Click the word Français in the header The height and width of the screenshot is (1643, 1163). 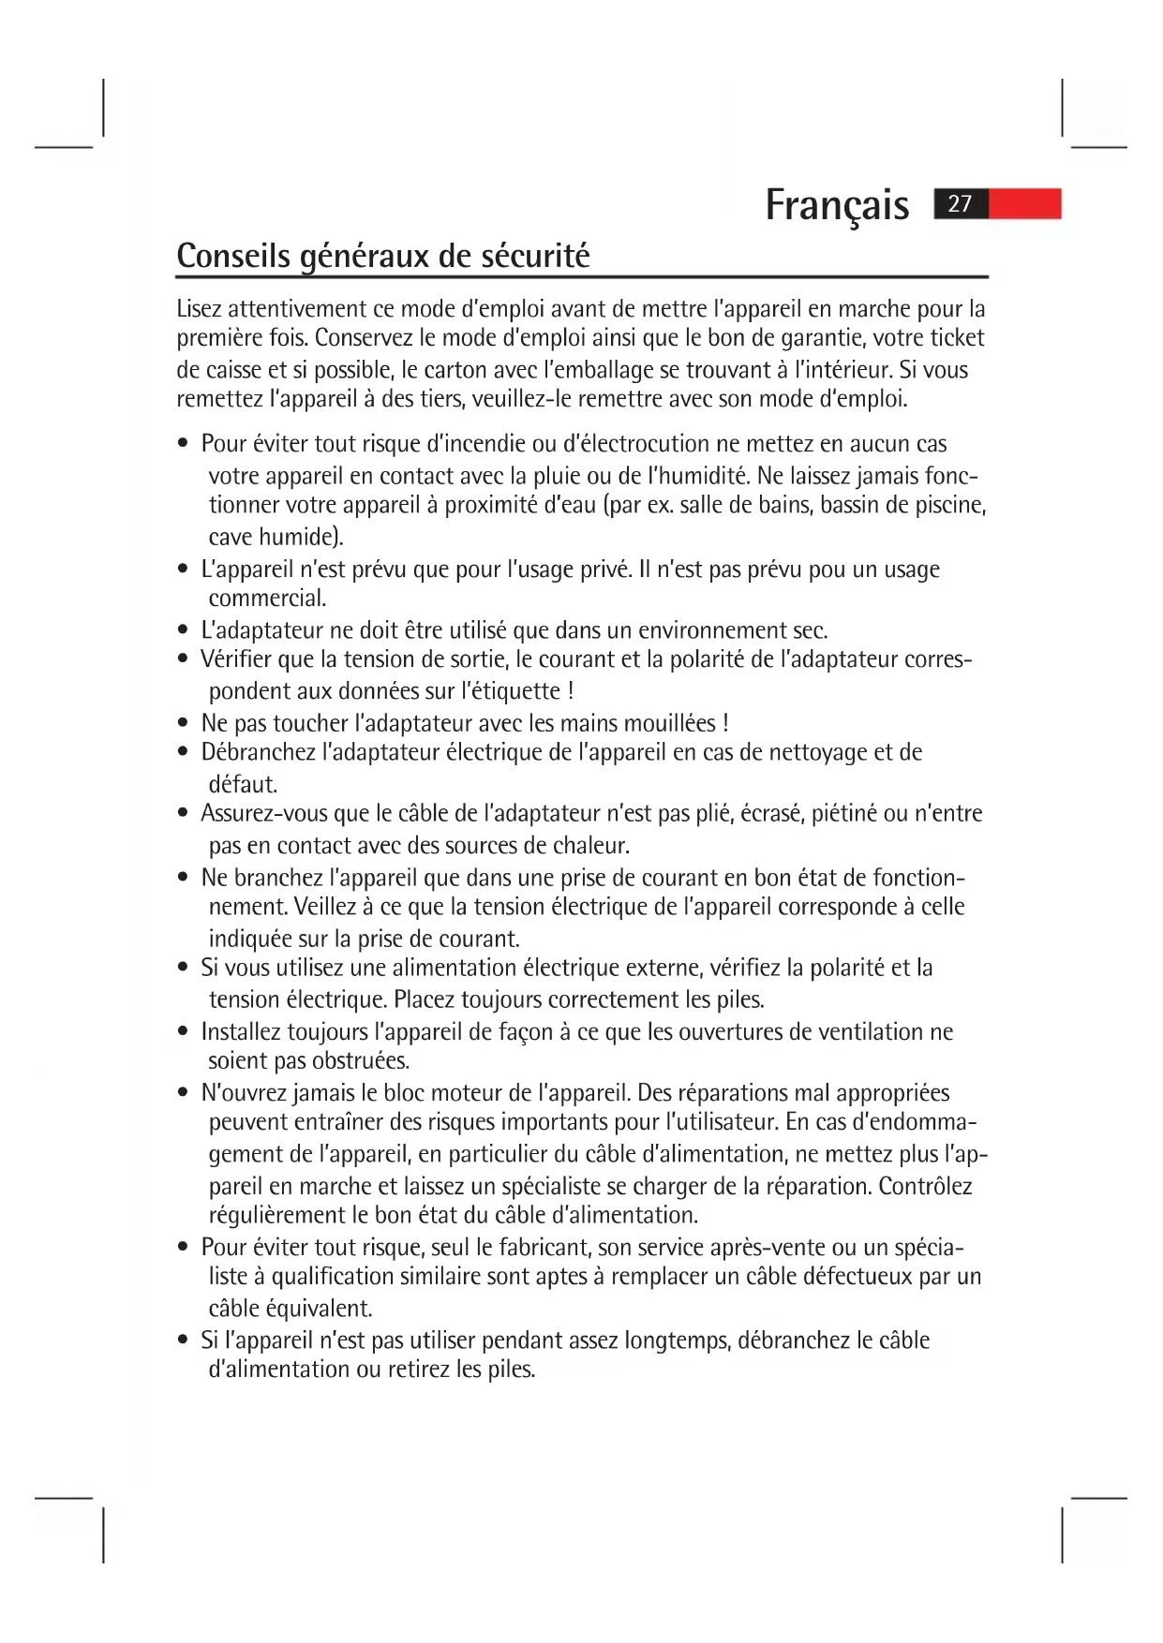pos(837,205)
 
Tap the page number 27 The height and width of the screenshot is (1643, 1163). pos(960,204)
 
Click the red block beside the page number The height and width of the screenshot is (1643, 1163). pos(1025,204)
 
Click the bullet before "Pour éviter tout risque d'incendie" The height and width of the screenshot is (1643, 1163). pos(184,444)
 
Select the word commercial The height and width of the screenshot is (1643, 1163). pos(267,599)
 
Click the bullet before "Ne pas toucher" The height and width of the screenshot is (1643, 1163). pos(184,723)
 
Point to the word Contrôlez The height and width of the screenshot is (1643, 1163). pos(925,1187)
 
